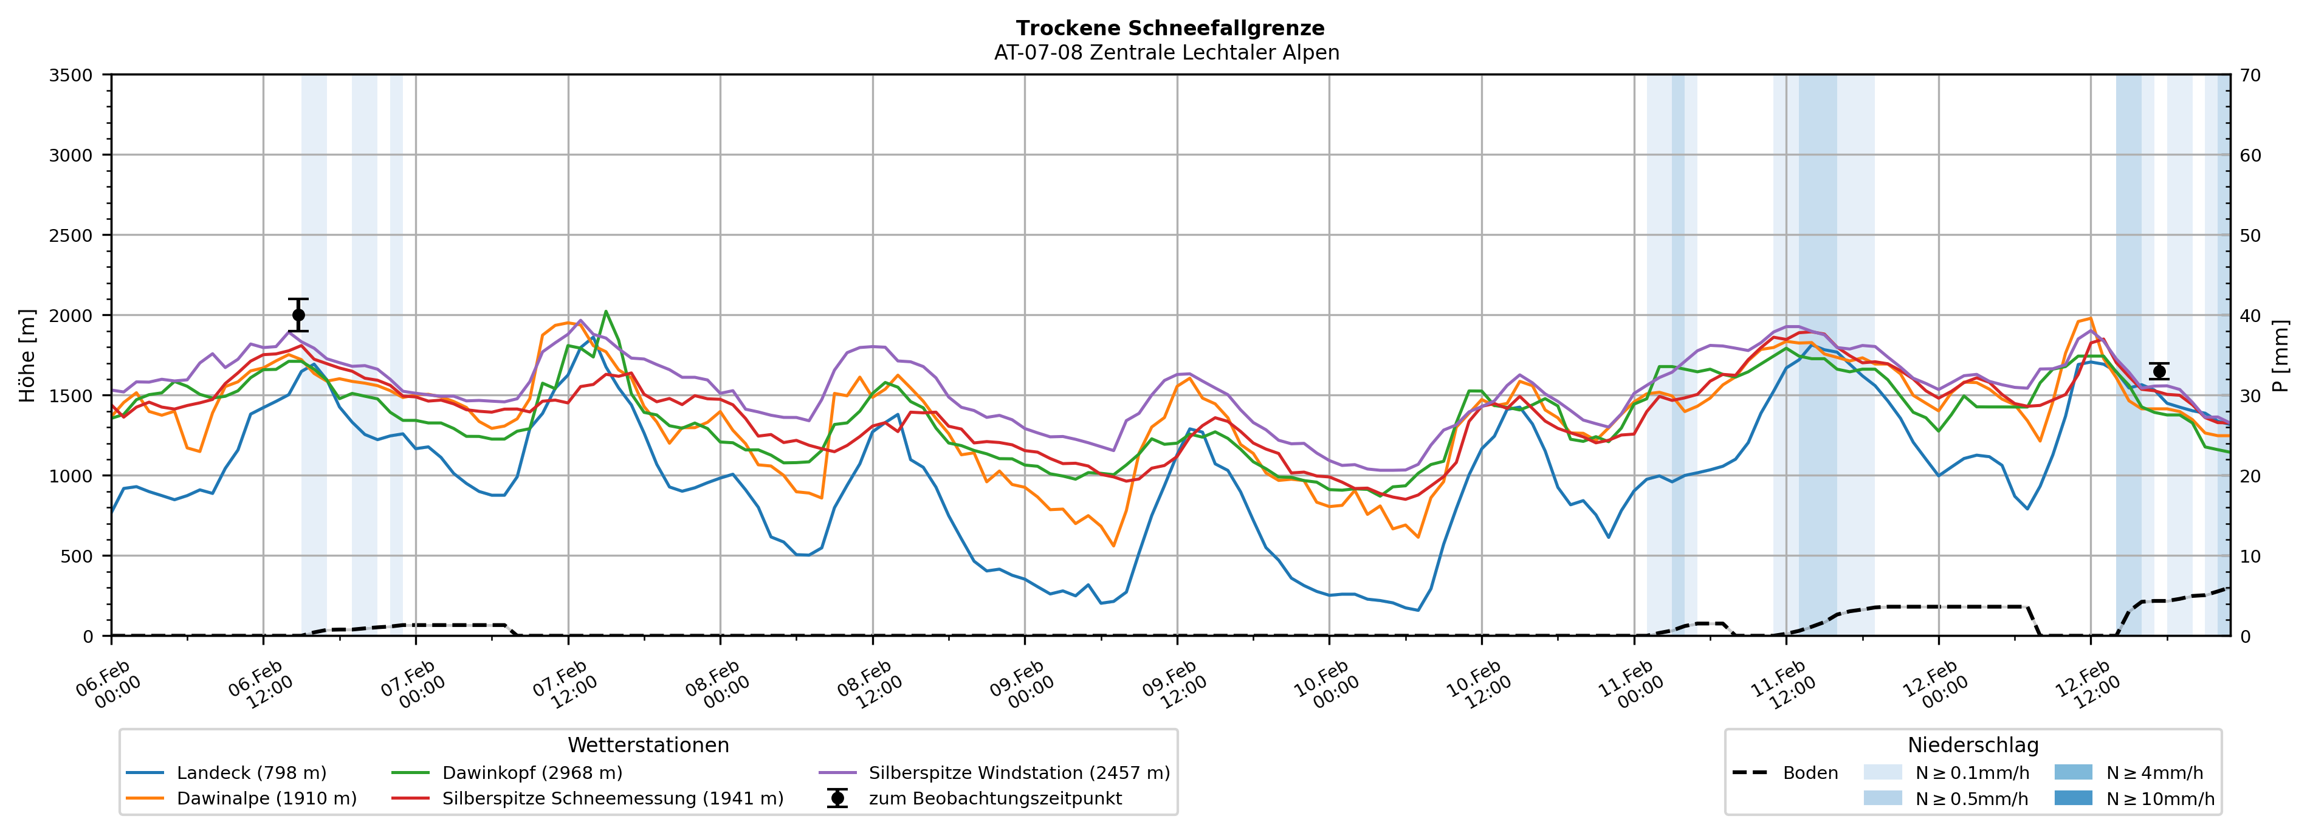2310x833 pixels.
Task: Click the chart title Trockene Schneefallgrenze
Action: pos(1169,29)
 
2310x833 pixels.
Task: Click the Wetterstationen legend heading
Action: pos(648,745)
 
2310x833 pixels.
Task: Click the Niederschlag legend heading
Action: pos(1973,745)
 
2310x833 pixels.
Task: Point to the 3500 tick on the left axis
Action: pos(71,75)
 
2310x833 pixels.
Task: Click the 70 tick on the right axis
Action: pos(2250,75)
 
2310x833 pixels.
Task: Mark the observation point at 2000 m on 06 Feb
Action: pos(298,315)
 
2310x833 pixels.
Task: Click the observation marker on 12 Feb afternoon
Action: pos(2159,371)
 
